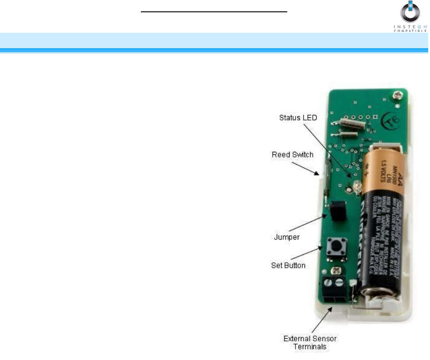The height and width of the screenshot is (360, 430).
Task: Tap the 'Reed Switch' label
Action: (292, 155)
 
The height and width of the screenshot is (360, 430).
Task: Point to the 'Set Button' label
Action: (289, 265)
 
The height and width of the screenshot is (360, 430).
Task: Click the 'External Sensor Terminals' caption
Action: (310, 343)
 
